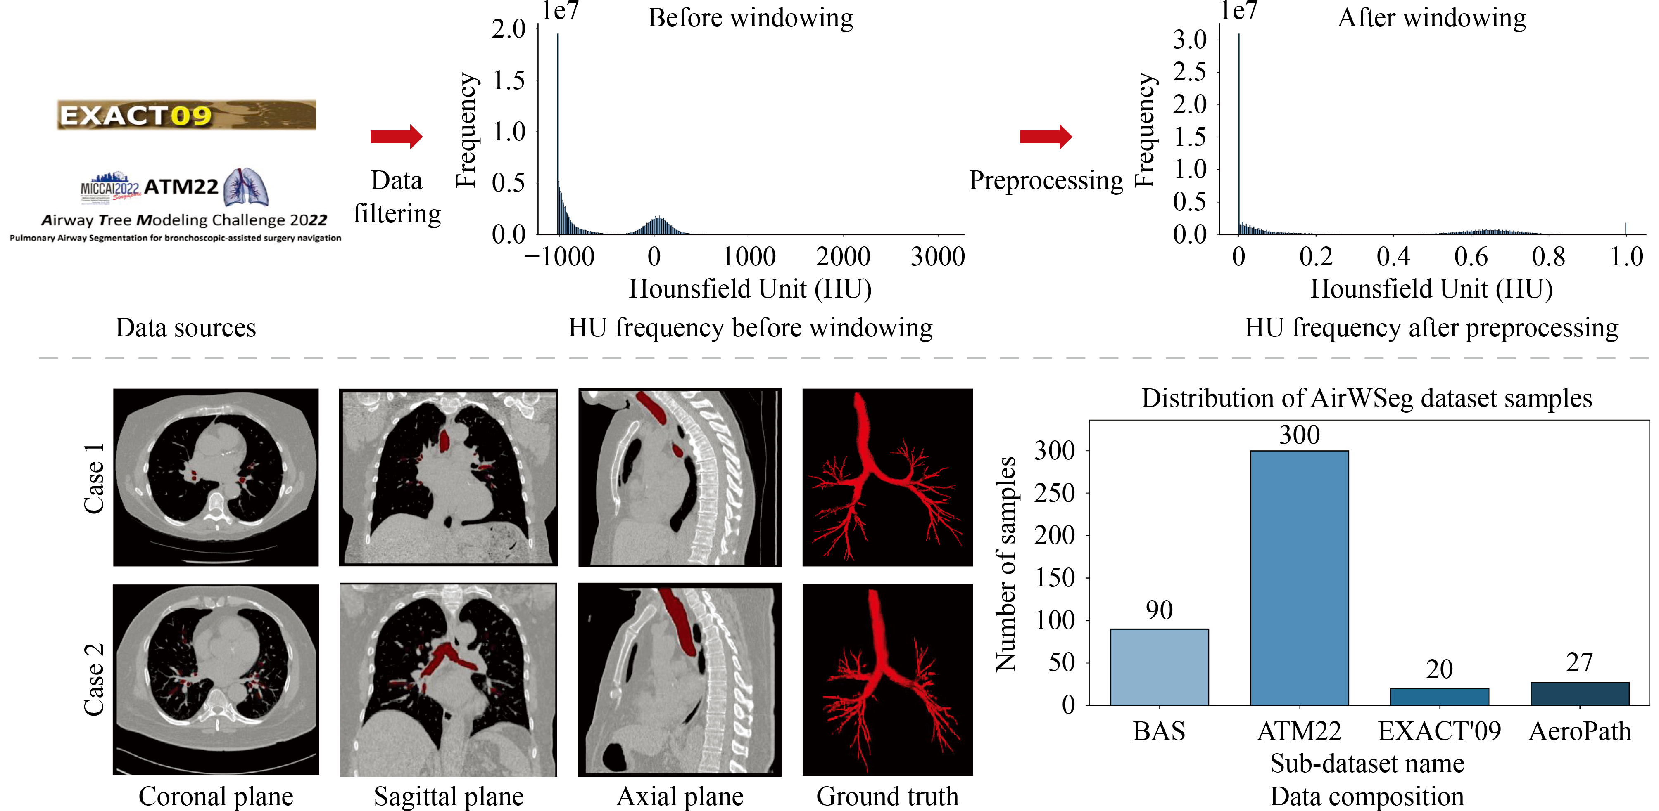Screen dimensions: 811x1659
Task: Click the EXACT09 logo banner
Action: [186, 115]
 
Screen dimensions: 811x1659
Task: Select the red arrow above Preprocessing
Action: [1045, 137]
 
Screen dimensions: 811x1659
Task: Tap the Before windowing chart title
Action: [750, 18]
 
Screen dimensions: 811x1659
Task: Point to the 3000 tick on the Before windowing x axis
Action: [937, 257]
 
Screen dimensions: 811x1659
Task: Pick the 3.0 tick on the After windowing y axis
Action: [1189, 40]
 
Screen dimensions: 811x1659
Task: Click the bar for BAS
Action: [1159, 667]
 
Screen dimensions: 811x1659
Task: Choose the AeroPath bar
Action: [1579, 694]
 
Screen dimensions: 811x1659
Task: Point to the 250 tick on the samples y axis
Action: [1054, 493]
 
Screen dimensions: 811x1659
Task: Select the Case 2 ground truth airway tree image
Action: [887, 679]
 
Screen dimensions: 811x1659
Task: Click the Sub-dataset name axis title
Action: [1367, 764]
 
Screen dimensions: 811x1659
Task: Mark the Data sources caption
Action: [185, 328]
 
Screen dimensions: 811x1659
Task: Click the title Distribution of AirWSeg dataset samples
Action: [1367, 398]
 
